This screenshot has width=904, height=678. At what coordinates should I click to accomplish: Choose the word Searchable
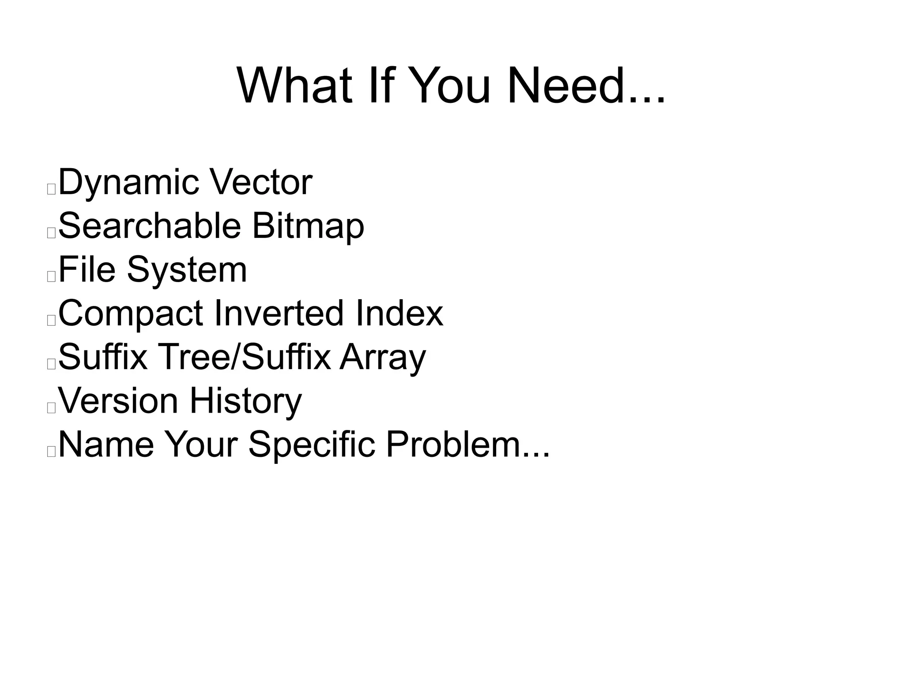tap(149, 226)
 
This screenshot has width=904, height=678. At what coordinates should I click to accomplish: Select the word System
tap(187, 270)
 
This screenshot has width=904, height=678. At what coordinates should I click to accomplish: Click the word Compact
tap(131, 314)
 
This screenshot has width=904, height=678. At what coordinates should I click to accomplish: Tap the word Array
tap(383, 358)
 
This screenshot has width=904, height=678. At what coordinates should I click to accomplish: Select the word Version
tap(118, 400)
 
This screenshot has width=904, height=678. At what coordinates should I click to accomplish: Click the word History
tap(246, 401)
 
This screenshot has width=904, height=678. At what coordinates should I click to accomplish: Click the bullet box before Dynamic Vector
tap(51, 189)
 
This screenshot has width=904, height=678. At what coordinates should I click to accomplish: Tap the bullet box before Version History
tap(51, 408)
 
